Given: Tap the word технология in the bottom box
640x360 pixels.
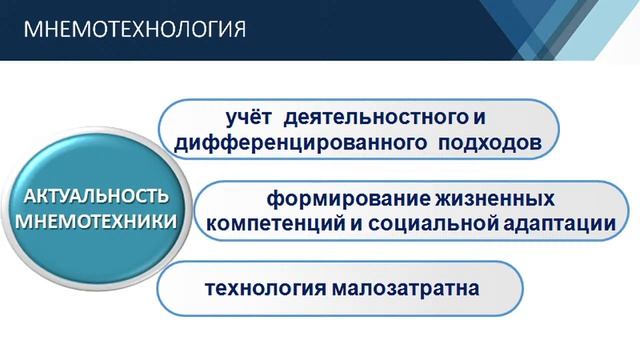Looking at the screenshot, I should pyautogui.click(x=262, y=289).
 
